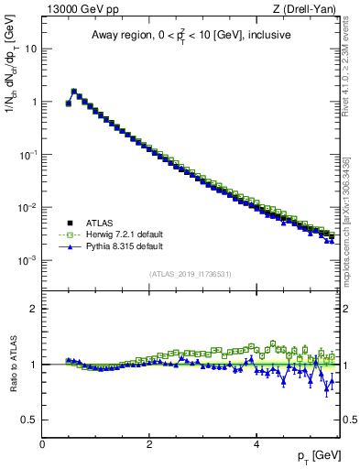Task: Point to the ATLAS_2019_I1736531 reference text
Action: pyautogui.click(x=189, y=273)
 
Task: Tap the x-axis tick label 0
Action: pyautogui.click(x=42, y=442)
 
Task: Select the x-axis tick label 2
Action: pyautogui.click(x=148, y=442)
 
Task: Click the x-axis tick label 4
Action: pyautogui.click(x=256, y=442)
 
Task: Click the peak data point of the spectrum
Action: pyautogui.click(x=73, y=91)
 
